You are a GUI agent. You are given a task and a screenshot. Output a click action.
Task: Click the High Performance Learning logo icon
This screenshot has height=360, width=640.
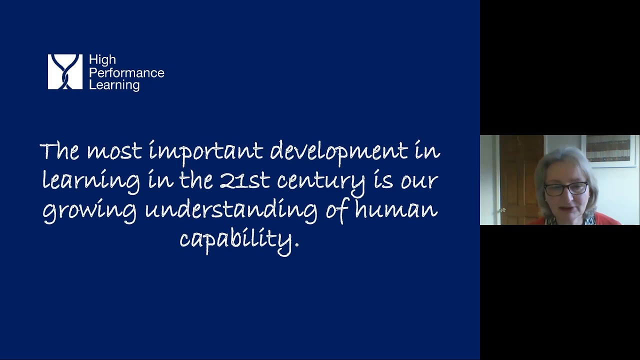(65, 71)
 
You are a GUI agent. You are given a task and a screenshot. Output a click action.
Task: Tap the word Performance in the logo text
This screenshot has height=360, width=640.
(126, 73)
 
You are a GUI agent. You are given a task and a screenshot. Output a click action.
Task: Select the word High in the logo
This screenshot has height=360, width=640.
(102, 60)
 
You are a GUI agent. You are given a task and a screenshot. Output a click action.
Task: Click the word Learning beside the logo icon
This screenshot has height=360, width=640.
(114, 85)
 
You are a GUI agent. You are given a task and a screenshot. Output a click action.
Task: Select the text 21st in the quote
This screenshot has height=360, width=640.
(245, 180)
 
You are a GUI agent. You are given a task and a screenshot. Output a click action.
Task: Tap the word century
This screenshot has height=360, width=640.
(321, 183)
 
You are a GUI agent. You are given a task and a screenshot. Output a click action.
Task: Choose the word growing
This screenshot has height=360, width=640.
(89, 212)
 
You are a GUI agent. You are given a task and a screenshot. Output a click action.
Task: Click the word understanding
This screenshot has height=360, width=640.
(231, 212)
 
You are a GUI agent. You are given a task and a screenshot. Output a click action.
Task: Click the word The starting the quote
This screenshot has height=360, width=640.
(59, 151)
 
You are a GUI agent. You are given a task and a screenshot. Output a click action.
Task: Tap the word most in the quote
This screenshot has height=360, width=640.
(114, 152)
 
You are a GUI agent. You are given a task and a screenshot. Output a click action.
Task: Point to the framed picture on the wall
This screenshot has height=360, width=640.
(608, 151)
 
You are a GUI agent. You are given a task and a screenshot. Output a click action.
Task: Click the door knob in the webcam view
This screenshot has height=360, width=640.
(503, 210)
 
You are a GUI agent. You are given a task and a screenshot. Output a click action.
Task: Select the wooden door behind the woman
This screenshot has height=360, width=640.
(520, 180)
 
